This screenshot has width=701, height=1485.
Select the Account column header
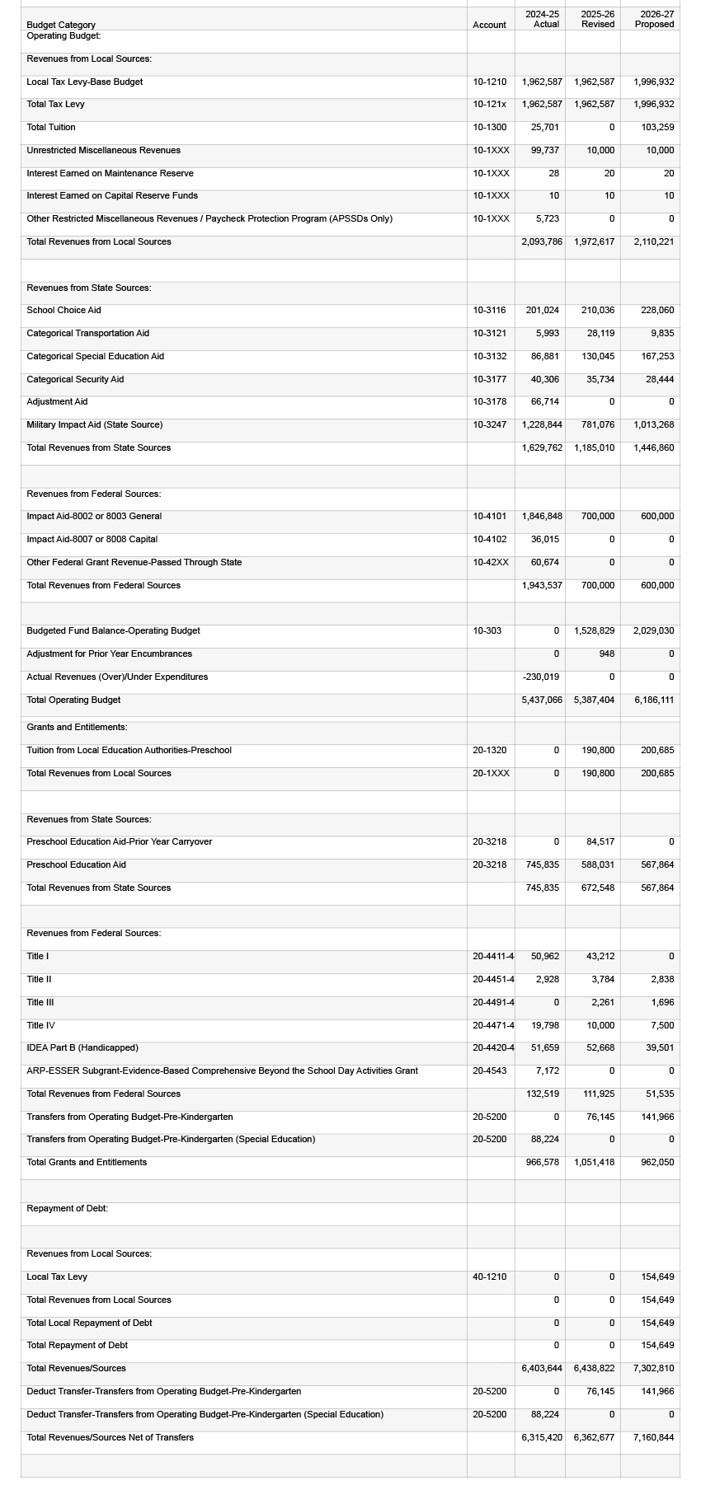(x=489, y=25)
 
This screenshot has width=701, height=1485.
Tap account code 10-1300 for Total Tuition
(x=490, y=127)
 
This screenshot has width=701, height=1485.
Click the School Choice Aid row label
(x=64, y=310)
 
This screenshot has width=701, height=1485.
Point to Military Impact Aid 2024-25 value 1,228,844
(x=542, y=424)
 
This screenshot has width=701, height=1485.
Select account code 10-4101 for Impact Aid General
(x=490, y=516)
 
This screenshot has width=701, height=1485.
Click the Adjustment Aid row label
(x=57, y=401)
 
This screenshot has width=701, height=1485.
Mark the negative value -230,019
(x=541, y=677)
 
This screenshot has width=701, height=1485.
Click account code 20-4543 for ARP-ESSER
(x=490, y=1070)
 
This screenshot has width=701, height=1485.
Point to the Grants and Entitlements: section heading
(x=77, y=727)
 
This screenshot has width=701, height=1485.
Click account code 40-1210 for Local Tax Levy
(x=490, y=1277)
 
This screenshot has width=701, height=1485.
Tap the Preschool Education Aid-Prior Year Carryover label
(x=119, y=841)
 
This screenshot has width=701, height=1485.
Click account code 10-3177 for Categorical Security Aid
(x=490, y=379)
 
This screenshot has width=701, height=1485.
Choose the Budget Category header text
(x=61, y=25)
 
